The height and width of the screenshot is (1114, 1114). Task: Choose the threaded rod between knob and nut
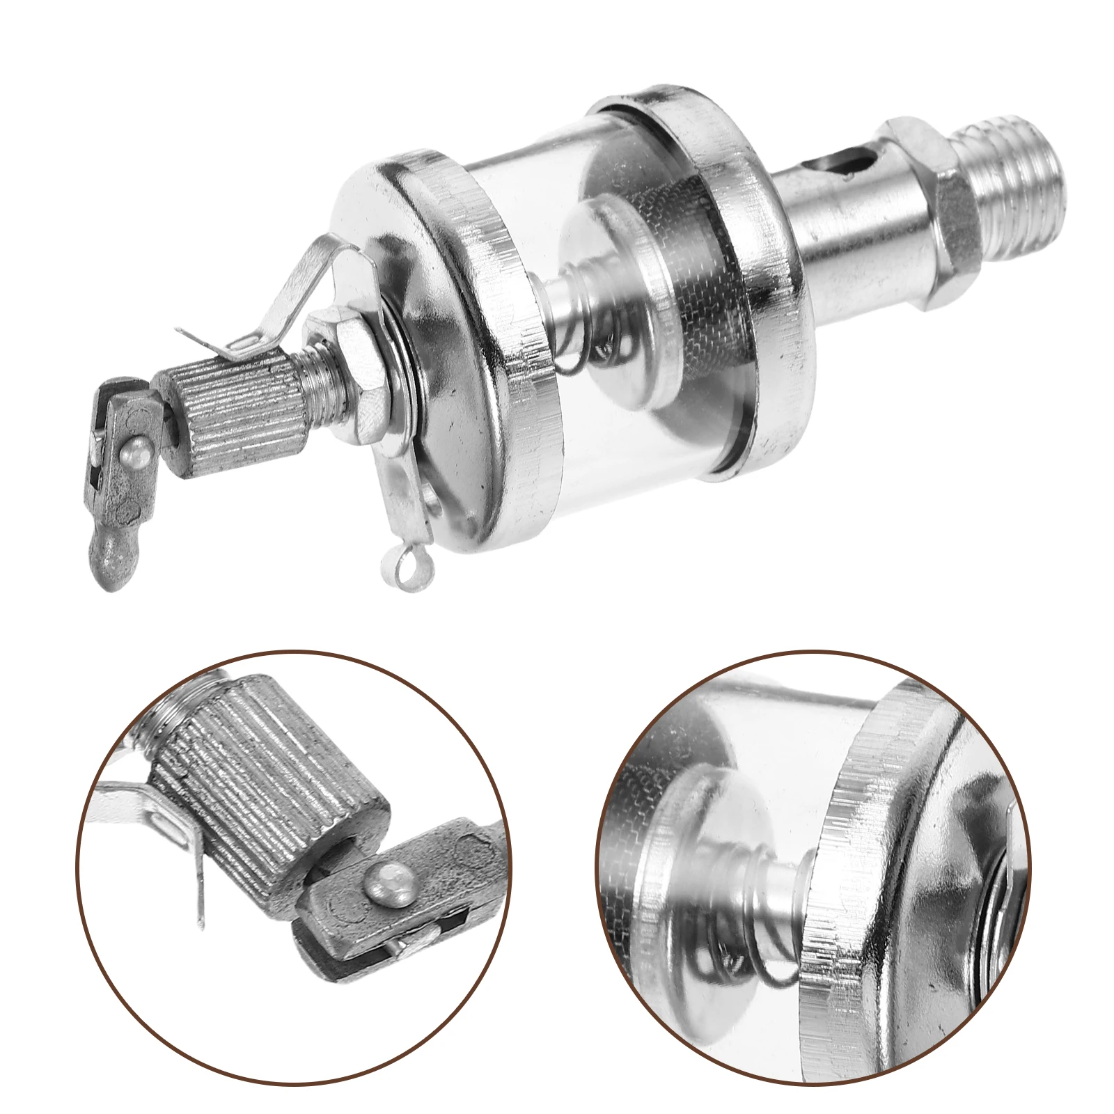pos(292,376)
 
